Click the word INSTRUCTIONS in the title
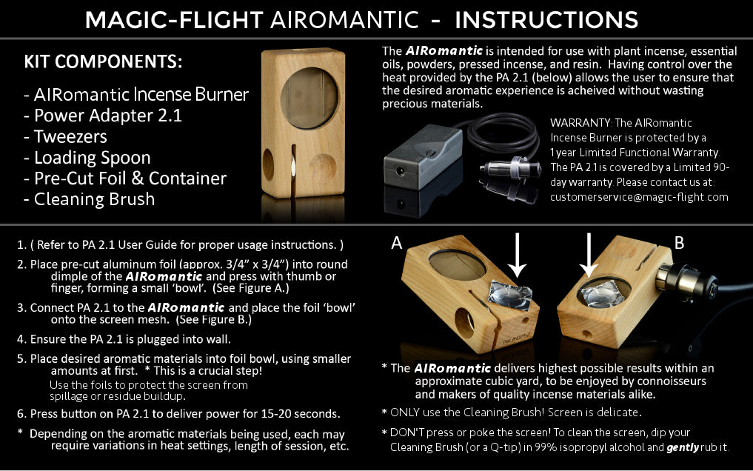[x=546, y=20]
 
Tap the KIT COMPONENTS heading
[x=103, y=61]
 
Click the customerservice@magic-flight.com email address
[x=639, y=197]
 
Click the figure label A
[x=396, y=243]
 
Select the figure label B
[x=679, y=243]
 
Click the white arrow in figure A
[x=517, y=255]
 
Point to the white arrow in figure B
[x=589, y=255]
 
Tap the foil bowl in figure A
[x=510, y=295]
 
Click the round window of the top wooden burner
[x=309, y=98]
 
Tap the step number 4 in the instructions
[x=20, y=339]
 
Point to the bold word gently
[x=683, y=447]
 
